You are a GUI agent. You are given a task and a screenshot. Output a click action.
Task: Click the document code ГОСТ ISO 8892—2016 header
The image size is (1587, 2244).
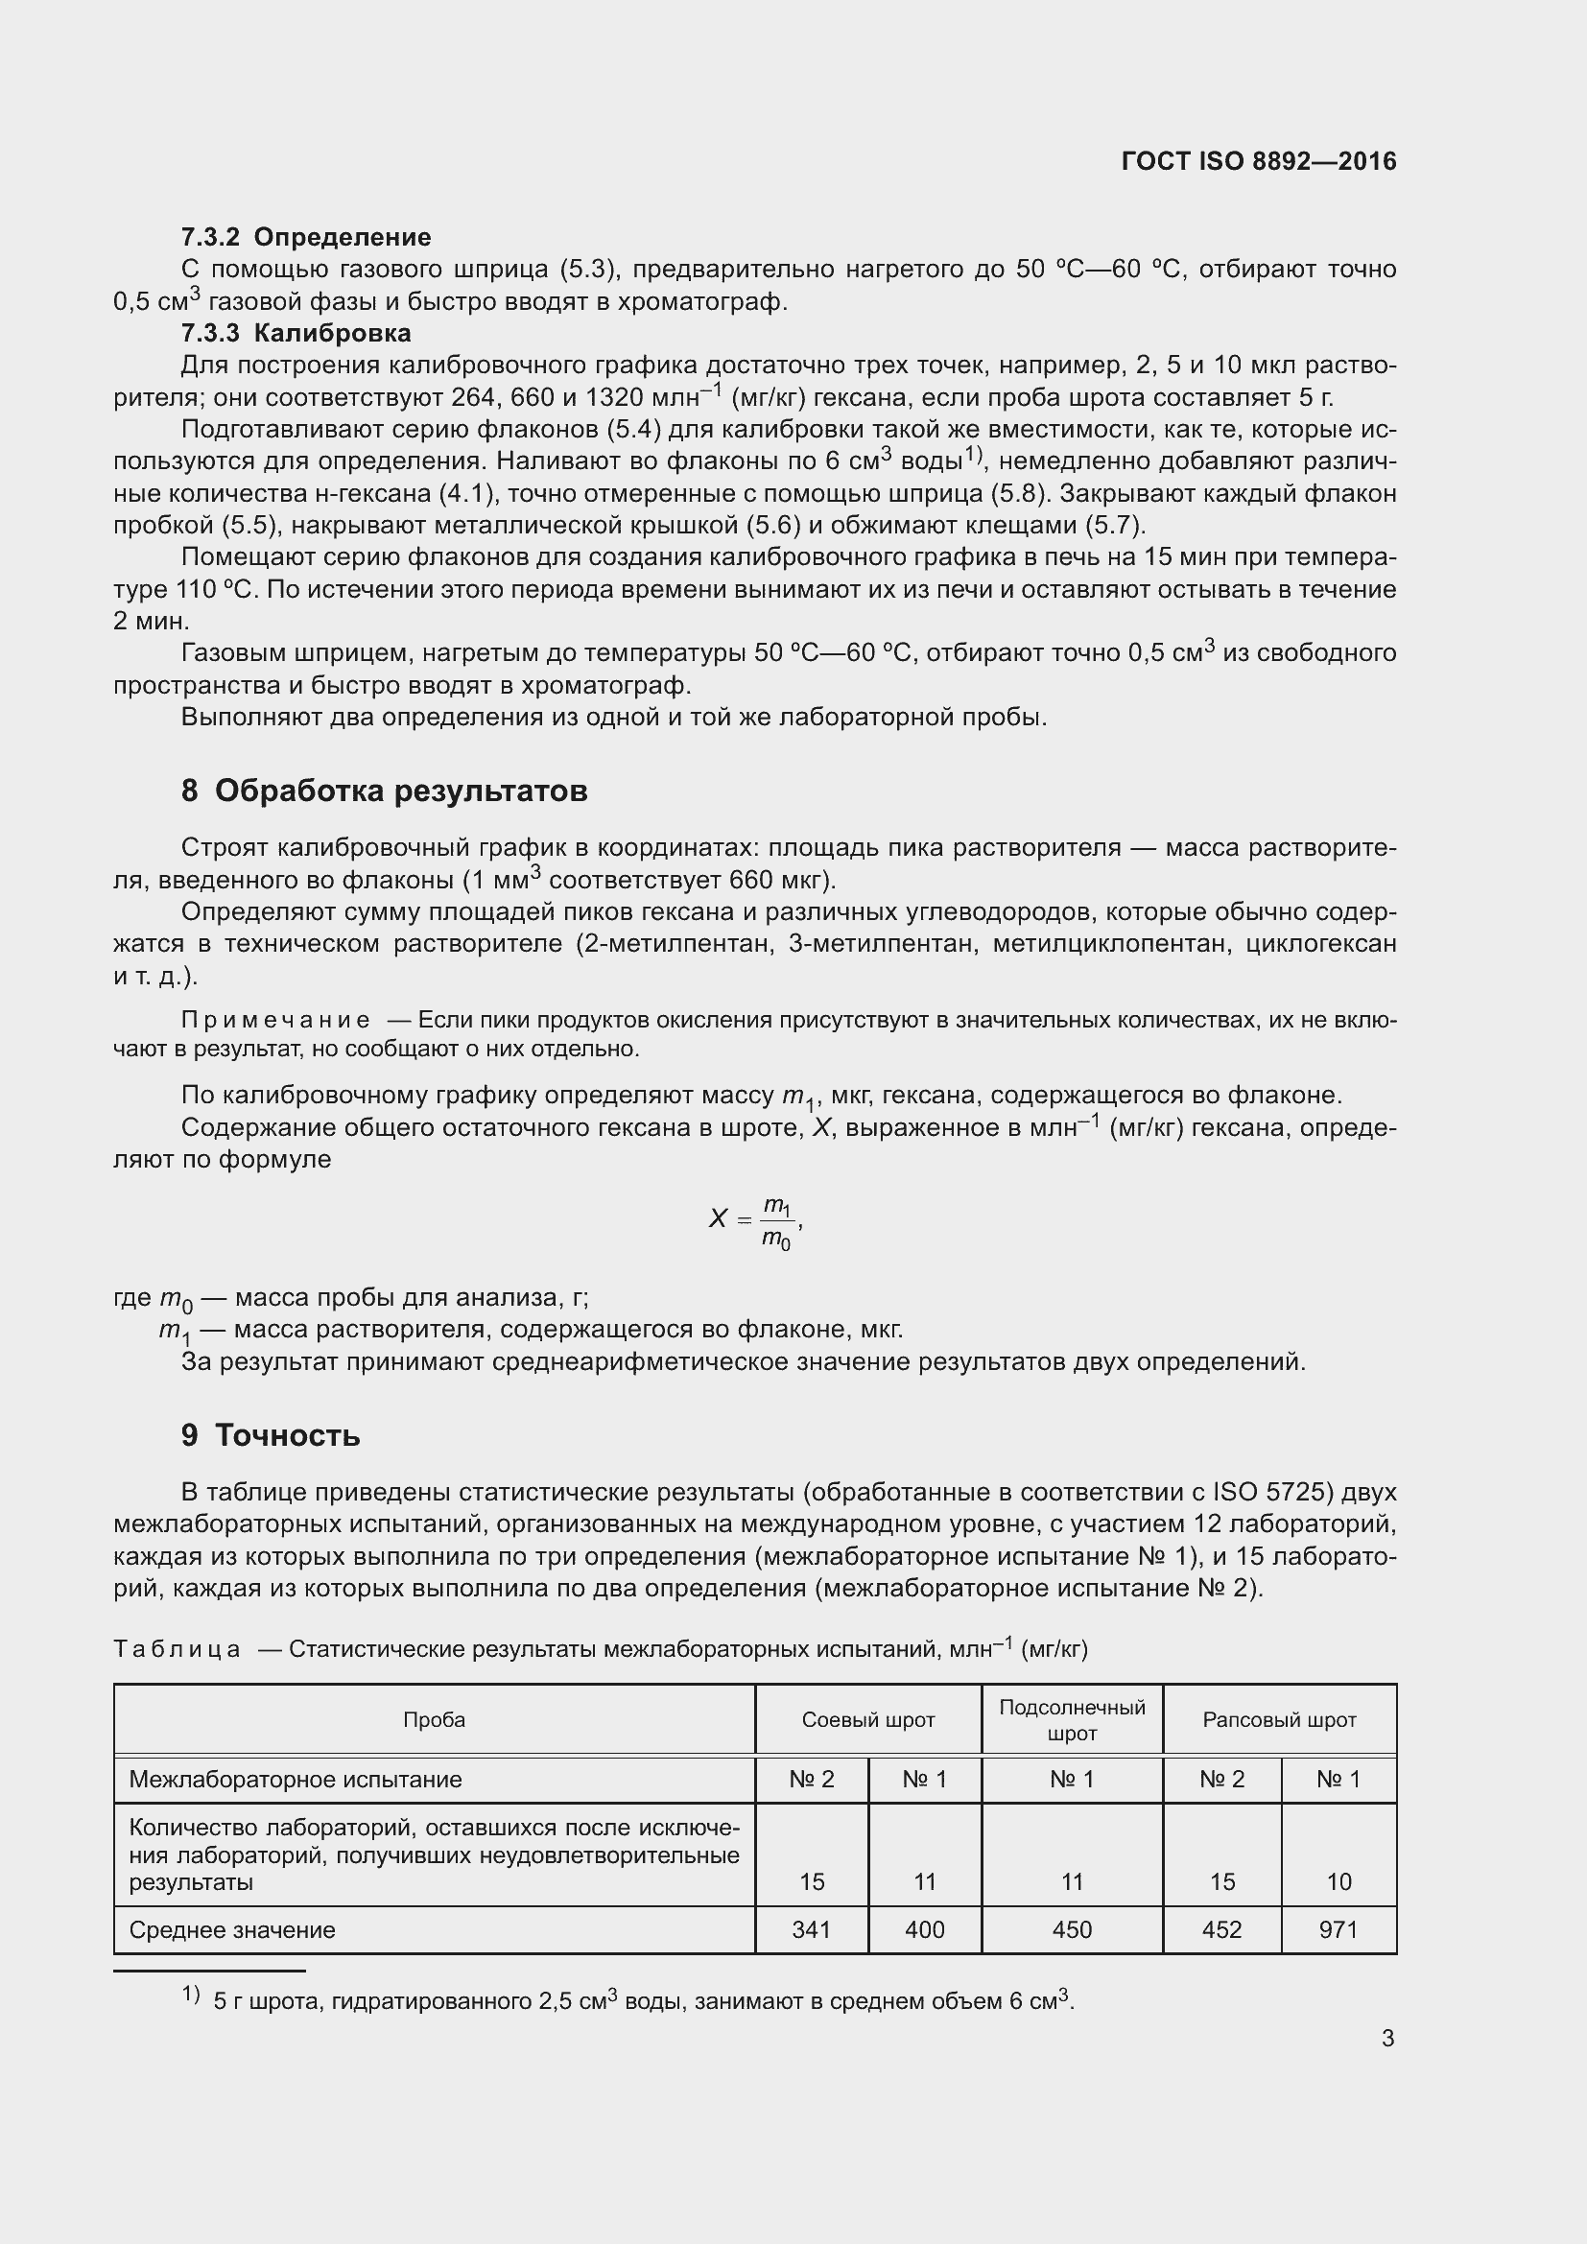(1259, 161)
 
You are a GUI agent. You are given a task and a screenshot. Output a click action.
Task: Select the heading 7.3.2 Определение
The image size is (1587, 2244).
(306, 237)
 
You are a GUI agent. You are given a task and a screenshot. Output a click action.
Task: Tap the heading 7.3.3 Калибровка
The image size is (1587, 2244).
(296, 332)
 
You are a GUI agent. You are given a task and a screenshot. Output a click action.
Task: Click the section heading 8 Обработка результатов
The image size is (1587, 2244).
(384, 790)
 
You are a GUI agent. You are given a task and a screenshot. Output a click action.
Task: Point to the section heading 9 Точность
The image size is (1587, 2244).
(271, 1434)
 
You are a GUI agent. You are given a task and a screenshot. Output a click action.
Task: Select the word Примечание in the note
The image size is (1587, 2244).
(275, 1021)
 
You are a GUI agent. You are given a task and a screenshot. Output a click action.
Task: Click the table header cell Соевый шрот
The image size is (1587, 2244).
(867, 1719)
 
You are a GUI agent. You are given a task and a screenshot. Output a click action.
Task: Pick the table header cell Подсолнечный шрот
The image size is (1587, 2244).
(1072, 1719)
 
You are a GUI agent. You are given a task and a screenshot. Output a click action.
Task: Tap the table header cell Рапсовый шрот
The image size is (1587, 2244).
(1279, 1719)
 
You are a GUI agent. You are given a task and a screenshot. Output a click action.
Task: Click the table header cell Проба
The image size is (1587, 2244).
(434, 1719)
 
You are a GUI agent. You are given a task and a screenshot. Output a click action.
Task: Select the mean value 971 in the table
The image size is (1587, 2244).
(1338, 1929)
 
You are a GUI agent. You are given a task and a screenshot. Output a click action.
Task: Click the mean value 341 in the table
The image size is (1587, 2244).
(811, 1929)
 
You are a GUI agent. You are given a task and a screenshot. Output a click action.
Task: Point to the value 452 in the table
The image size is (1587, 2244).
(1222, 1929)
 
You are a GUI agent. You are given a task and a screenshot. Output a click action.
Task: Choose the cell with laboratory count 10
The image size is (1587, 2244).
(1338, 1881)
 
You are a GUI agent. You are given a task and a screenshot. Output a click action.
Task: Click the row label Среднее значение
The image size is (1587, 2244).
(232, 1929)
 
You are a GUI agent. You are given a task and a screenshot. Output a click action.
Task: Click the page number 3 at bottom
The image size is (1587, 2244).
(1387, 2038)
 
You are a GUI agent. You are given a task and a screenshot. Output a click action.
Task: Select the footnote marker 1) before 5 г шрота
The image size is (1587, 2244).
(191, 1995)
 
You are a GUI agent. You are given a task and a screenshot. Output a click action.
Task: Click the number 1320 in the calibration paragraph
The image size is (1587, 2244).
(614, 398)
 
